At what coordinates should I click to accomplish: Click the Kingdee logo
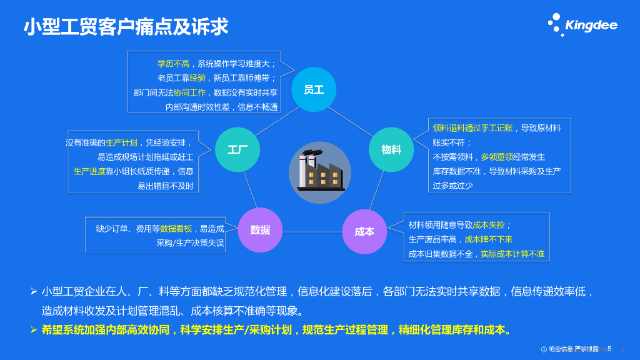pos(582,24)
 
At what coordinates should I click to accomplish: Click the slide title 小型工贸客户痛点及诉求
pos(126,27)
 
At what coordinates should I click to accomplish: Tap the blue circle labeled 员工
pos(314,89)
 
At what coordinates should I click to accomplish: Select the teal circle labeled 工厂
pos(237,149)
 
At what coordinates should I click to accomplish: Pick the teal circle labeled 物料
pos(391,149)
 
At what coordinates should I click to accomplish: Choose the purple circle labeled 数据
pos(260,230)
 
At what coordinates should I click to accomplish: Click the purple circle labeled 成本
pos(364,231)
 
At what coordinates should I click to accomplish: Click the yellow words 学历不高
pos(173,64)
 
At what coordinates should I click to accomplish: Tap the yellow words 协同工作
pos(189,92)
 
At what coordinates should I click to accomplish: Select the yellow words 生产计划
pos(122,142)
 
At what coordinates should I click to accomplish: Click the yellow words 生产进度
pos(89,171)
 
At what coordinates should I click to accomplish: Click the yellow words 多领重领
pos(497,157)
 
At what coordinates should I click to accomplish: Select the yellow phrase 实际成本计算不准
pos(512,254)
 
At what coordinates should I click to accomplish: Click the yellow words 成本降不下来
pos(488,239)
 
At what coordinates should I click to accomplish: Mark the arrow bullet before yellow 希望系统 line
pos(34,330)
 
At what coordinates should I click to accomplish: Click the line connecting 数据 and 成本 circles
pos(312,231)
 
